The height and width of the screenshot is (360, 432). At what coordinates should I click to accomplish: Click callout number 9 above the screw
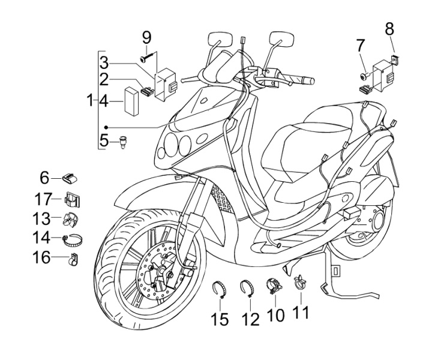[146, 38]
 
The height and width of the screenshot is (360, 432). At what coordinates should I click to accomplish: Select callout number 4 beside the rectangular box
[104, 101]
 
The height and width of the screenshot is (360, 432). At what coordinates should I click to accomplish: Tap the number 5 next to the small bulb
[104, 141]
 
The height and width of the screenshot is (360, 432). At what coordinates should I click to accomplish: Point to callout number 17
[43, 199]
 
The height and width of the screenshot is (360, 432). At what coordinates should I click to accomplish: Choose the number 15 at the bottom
[220, 320]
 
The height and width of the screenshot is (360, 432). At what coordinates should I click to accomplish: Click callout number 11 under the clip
[301, 313]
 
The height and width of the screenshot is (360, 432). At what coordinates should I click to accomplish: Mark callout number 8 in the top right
[389, 29]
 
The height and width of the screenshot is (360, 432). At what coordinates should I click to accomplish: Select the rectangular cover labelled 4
[131, 101]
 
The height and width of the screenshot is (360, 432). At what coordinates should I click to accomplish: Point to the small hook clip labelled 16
[73, 259]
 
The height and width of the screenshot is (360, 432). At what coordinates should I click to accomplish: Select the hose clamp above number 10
[272, 287]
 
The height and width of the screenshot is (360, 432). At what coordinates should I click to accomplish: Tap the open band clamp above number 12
[247, 288]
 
